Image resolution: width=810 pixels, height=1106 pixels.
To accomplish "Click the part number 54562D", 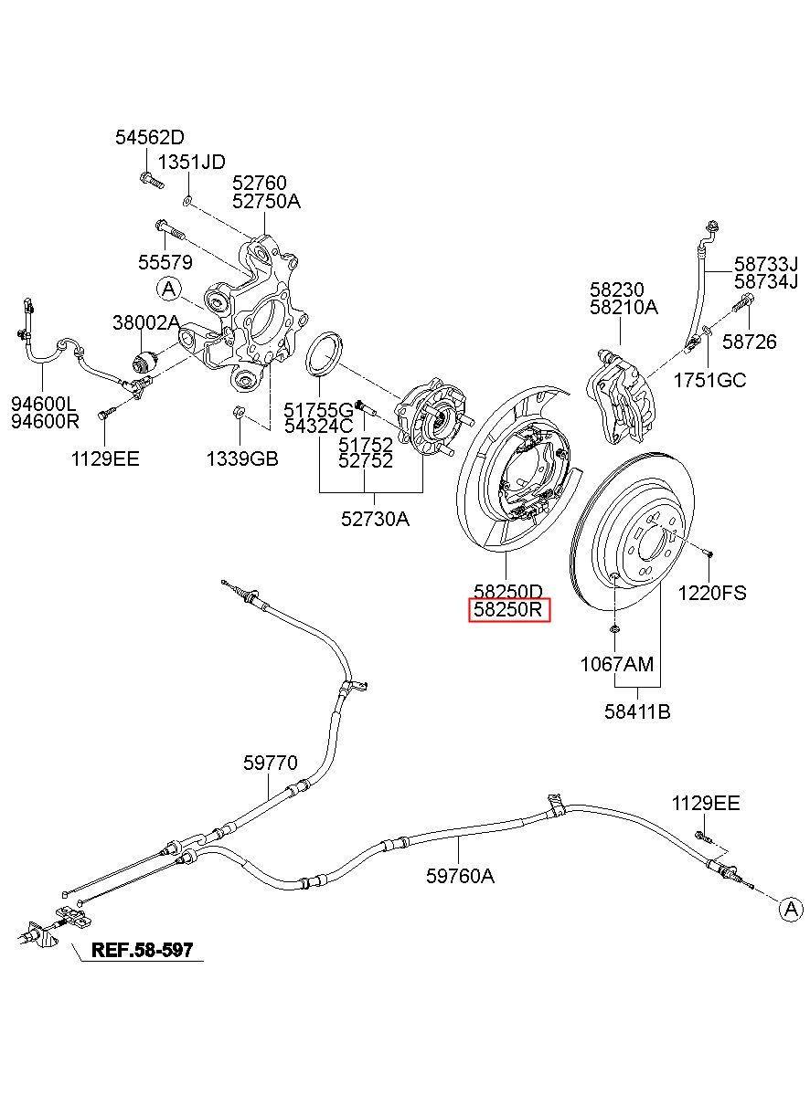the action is tap(150, 137).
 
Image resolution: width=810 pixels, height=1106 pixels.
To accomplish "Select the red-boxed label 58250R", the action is tap(508, 610).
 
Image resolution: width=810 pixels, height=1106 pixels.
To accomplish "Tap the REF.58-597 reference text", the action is tap(143, 950).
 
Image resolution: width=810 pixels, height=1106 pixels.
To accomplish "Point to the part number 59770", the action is tap(271, 763).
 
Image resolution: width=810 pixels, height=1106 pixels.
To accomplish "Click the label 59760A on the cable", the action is tap(460, 876).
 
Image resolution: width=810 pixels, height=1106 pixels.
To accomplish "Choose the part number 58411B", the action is tap(637, 711).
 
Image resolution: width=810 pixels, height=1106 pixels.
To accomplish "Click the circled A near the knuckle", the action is tap(169, 289).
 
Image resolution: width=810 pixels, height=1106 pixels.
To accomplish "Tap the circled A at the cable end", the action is tap(791, 909).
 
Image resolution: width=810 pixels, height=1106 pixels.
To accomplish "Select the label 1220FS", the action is tap(712, 593).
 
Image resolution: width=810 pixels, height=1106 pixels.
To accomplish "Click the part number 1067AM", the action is tap(617, 664).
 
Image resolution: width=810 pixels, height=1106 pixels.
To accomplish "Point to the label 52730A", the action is tap(375, 519).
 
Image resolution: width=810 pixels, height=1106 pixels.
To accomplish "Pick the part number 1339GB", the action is tap(242, 459).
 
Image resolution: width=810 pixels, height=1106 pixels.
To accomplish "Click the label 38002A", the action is tap(146, 322).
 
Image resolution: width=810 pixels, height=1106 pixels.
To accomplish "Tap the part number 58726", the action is tap(750, 342).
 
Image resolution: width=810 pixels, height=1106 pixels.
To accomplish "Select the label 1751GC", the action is tap(710, 380).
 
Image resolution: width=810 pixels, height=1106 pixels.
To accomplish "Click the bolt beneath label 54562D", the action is tap(152, 180).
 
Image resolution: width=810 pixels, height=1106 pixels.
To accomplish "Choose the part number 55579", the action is tap(165, 262).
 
